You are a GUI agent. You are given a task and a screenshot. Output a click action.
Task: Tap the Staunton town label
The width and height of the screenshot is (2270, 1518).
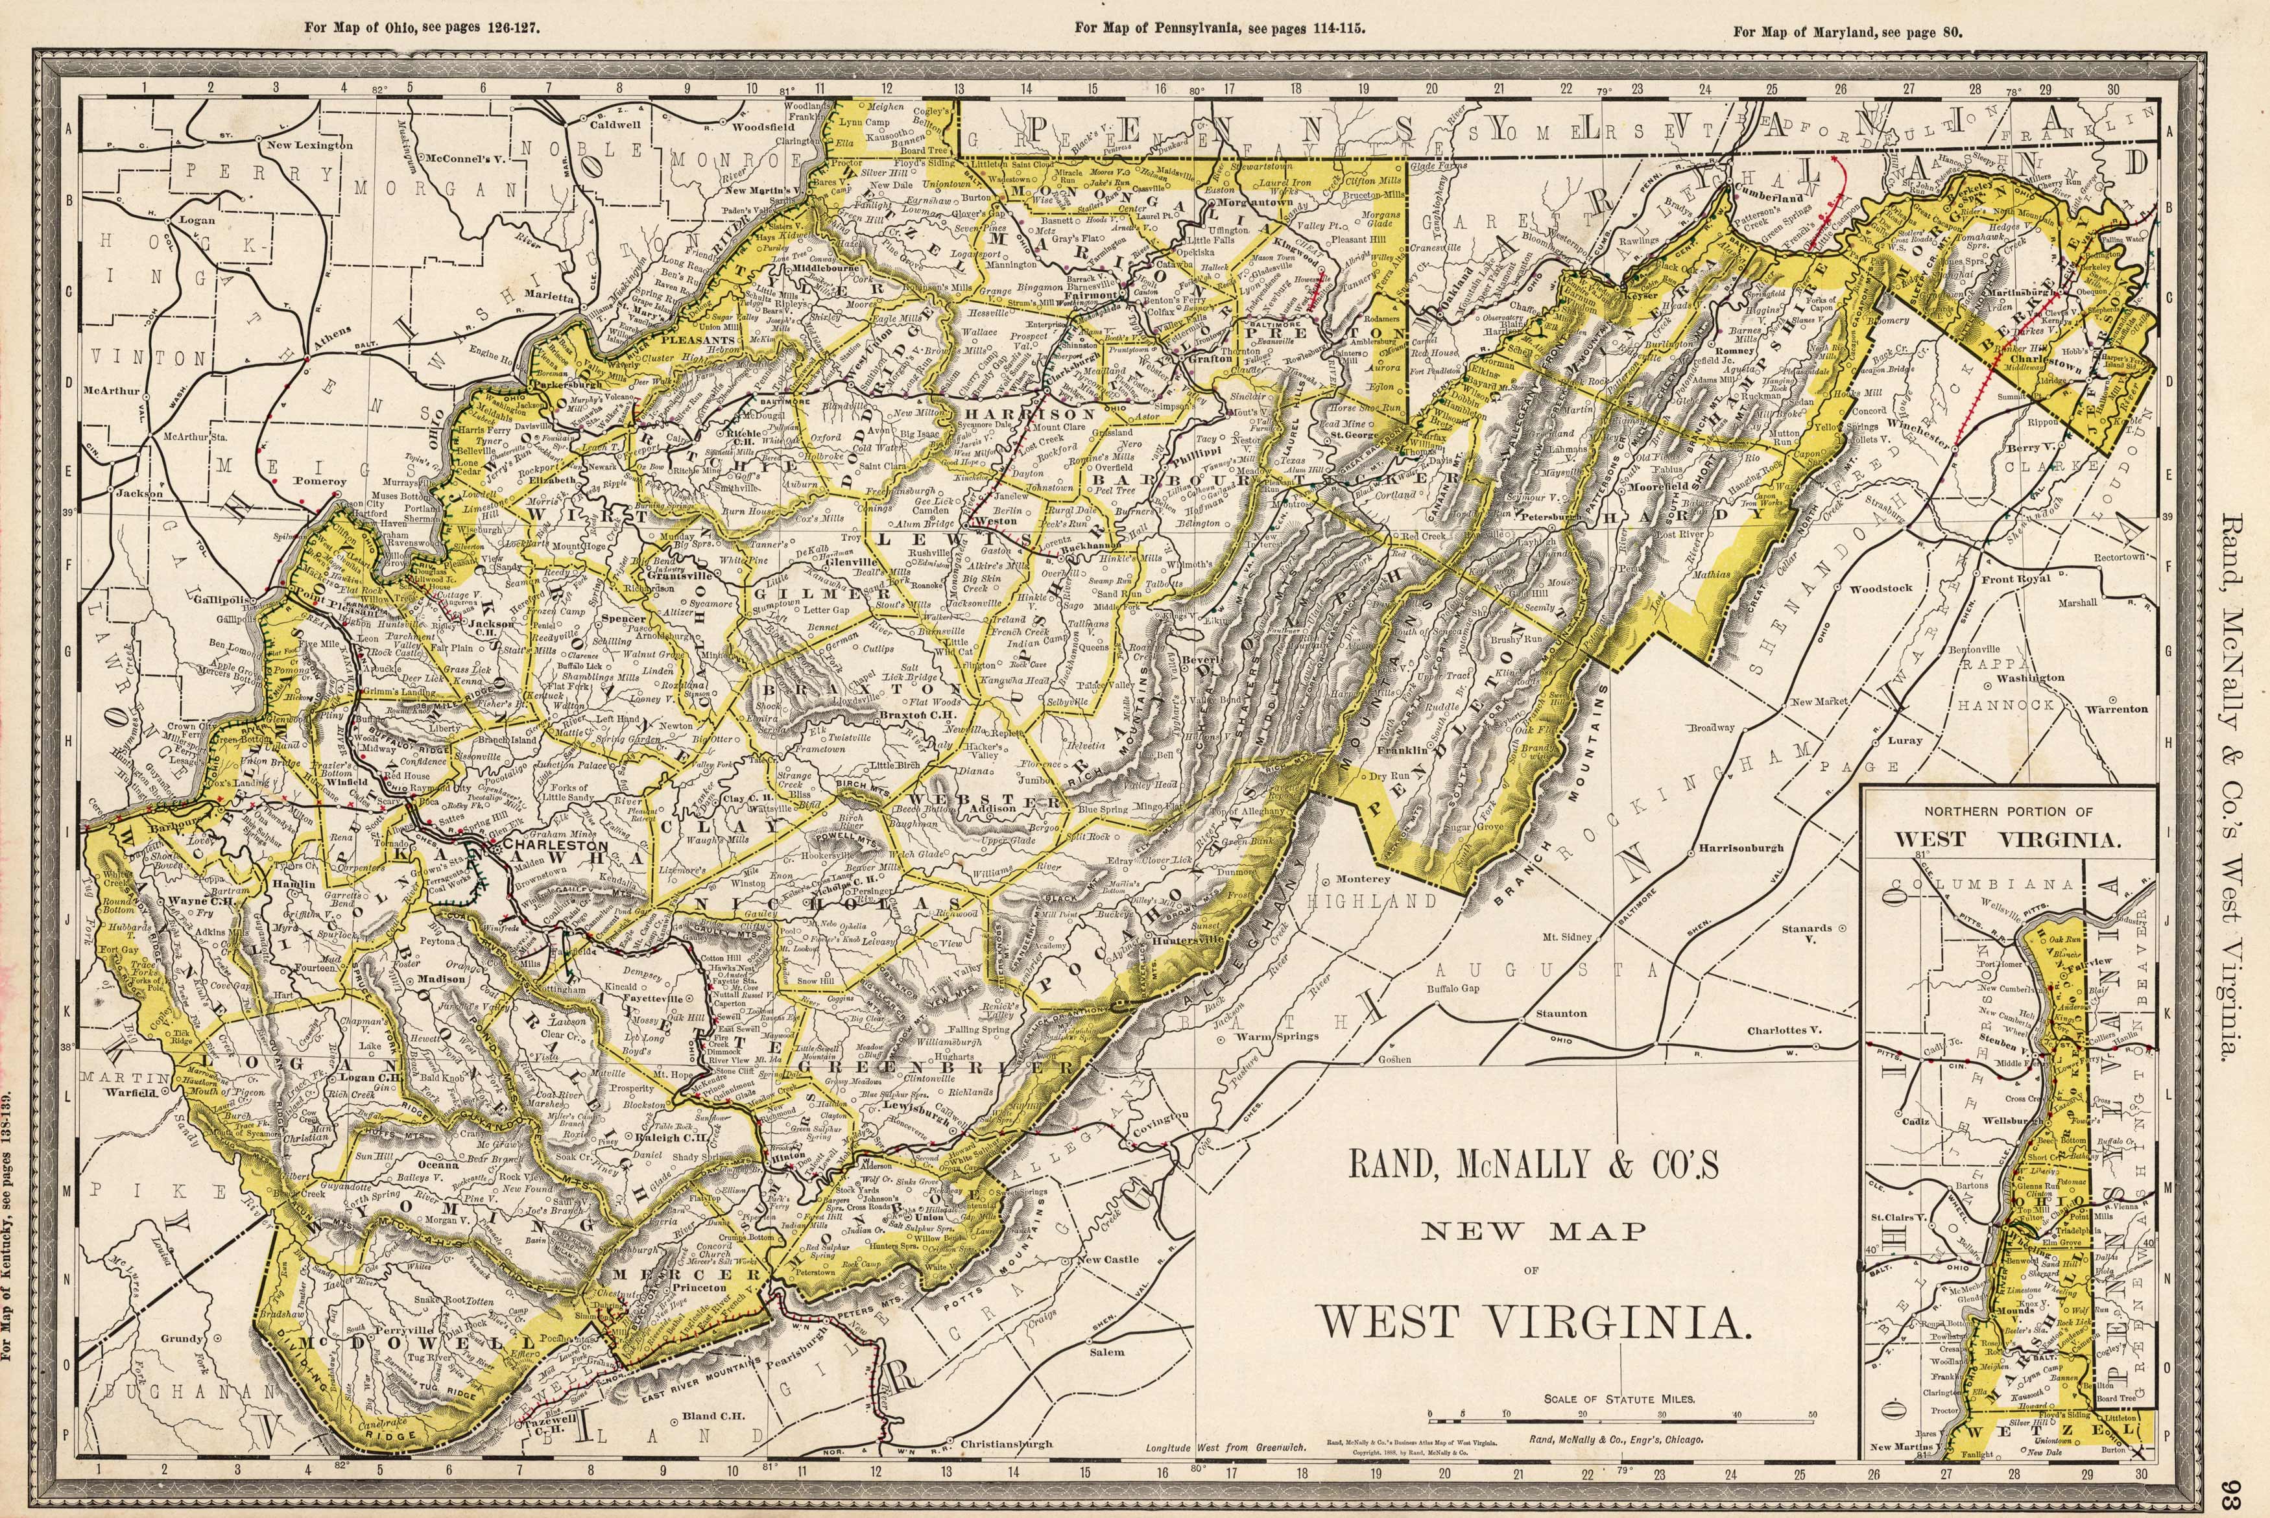[x=1561, y=1013]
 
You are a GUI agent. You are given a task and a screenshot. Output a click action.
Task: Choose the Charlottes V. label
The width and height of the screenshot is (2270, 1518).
[x=1783, y=1030]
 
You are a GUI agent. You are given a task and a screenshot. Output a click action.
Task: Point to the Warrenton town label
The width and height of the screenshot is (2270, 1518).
[x=2116, y=709]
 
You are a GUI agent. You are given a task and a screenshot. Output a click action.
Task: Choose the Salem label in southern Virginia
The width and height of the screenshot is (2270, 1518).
[x=1106, y=1351]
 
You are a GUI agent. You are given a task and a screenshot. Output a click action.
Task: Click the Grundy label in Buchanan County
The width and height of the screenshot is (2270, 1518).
[x=181, y=1339]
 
